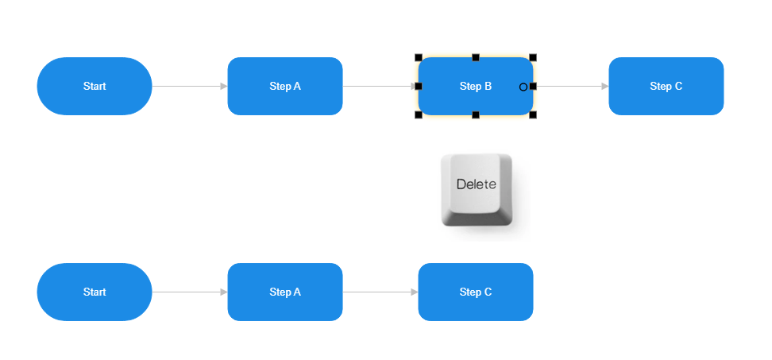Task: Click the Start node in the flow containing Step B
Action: click(x=94, y=86)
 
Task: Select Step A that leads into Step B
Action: click(x=284, y=86)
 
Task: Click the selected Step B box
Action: click(x=475, y=86)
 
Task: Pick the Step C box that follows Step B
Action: click(x=666, y=86)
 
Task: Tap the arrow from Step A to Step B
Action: click(x=380, y=86)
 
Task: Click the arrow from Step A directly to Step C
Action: click(x=380, y=292)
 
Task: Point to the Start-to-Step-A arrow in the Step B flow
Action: click(x=189, y=86)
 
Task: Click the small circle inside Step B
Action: click(x=523, y=87)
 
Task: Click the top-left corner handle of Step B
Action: click(x=419, y=57)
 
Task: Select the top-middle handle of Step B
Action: click(x=476, y=57)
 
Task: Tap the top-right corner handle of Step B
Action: click(x=533, y=57)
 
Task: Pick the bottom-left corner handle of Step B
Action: click(x=419, y=115)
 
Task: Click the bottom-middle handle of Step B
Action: click(x=476, y=115)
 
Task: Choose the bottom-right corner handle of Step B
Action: click(x=533, y=115)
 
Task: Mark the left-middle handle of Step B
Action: click(x=419, y=86)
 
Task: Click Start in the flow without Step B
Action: click(x=94, y=292)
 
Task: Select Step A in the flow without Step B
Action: click(x=284, y=292)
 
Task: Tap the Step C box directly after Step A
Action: click(x=475, y=292)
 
